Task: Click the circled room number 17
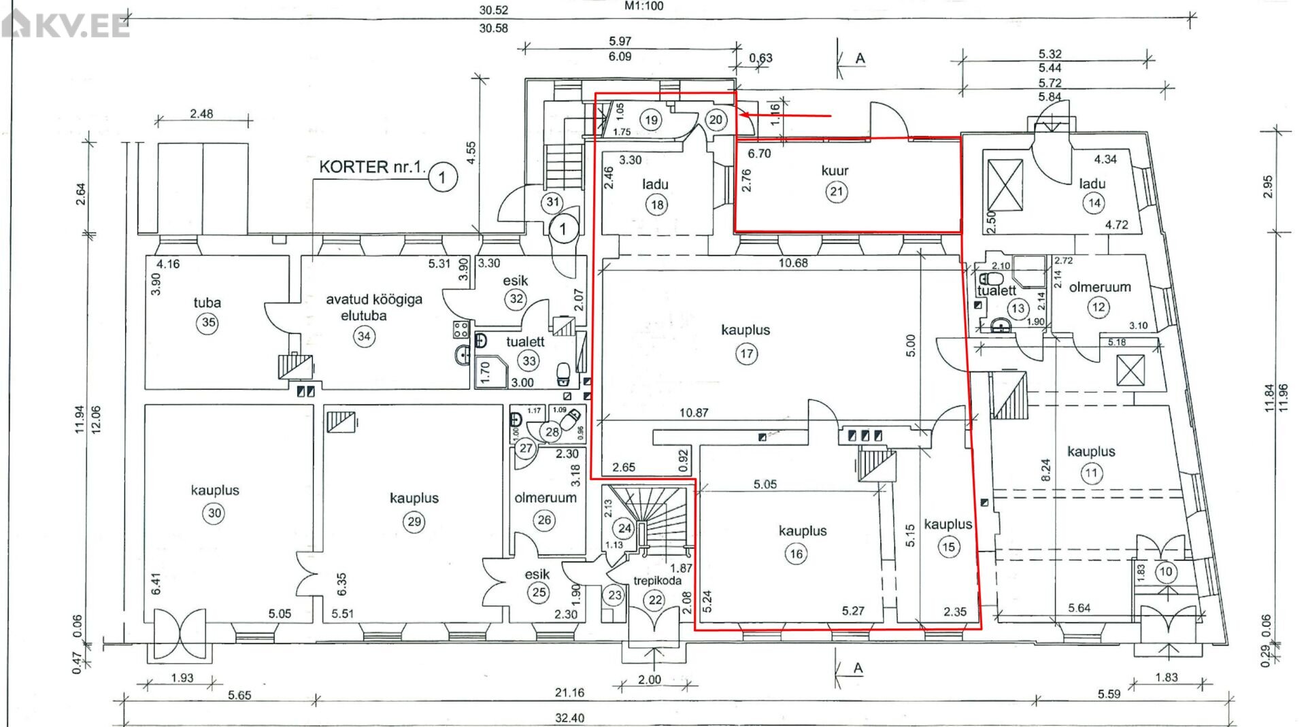click(x=746, y=354)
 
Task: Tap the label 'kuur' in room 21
click(x=835, y=171)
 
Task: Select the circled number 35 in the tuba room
click(x=208, y=322)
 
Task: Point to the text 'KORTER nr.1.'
click(x=372, y=167)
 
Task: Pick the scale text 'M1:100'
click(x=643, y=6)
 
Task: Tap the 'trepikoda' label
click(x=657, y=580)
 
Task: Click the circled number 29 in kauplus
click(x=414, y=522)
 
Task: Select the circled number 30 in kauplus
click(x=215, y=513)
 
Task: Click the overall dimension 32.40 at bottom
click(x=569, y=718)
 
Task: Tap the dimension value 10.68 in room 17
click(x=793, y=263)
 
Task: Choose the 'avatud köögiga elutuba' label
click(x=373, y=307)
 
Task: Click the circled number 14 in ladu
click(x=1094, y=203)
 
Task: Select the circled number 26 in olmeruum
click(x=544, y=521)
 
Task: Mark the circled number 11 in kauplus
click(x=1092, y=473)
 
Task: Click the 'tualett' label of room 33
click(x=525, y=342)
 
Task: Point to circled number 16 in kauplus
click(x=797, y=554)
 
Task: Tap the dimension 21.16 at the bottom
click(x=569, y=693)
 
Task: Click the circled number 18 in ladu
click(x=657, y=205)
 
